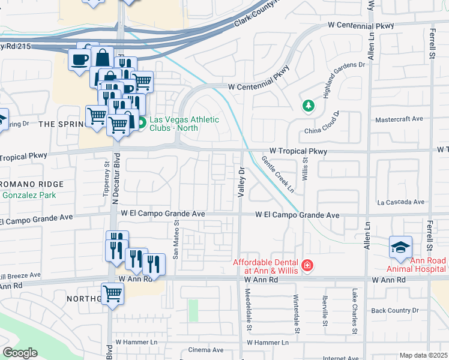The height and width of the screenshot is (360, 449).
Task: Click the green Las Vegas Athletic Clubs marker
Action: [142, 124]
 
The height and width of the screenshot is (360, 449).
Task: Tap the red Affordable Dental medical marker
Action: [307, 265]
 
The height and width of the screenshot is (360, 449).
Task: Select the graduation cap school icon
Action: [400, 247]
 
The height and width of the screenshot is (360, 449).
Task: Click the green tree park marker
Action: [309, 106]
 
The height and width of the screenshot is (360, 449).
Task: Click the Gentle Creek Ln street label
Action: [278, 175]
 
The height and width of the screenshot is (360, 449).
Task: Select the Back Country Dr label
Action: [394, 310]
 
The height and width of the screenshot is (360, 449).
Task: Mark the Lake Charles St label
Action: [355, 311]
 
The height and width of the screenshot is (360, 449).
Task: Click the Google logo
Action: [20, 352]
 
